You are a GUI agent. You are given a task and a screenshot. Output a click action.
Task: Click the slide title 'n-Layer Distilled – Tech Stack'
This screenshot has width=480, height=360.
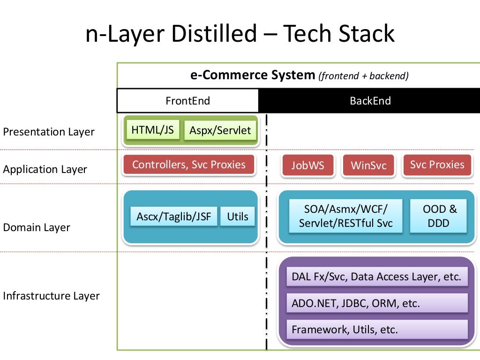pyautogui.click(x=240, y=35)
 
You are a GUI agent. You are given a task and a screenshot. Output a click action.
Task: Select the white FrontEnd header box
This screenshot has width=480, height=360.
pyautogui.click(x=187, y=101)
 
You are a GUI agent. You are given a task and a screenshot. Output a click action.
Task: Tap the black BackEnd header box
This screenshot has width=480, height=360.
pyautogui.click(x=370, y=101)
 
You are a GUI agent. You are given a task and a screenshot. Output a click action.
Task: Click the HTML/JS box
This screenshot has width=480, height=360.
pyautogui.click(x=153, y=130)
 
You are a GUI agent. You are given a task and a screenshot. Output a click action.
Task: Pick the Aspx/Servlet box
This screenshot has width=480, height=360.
pyautogui.click(x=220, y=131)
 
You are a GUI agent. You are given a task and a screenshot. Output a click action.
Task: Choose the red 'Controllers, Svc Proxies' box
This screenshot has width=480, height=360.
pyautogui.click(x=189, y=165)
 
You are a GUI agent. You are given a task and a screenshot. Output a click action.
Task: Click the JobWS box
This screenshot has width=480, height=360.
pyautogui.click(x=307, y=165)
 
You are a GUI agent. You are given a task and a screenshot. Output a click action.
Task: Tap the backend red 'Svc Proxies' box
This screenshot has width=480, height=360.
pyautogui.click(x=437, y=165)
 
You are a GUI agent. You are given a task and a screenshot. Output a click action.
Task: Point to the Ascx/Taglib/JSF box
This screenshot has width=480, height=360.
pyautogui.click(x=174, y=217)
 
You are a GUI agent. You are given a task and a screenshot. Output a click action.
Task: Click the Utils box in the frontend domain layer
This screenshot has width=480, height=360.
pyautogui.click(x=238, y=217)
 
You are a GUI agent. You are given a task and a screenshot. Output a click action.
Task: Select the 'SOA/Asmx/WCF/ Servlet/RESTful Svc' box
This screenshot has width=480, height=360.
pyautogui.click(x=346, y=216)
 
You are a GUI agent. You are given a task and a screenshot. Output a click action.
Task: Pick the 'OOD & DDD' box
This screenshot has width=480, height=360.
pyautogui.click(x=438, y=216)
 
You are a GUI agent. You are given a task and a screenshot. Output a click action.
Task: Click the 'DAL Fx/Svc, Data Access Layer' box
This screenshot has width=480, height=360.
pyautogui.click(x=376, y=277)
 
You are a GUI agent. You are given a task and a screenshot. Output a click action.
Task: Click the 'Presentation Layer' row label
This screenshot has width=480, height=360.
pyautogui.click(x=49, y=132)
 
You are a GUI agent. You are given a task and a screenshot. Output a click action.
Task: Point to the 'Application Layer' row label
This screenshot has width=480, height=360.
pyautogui.click(x=45, y=169)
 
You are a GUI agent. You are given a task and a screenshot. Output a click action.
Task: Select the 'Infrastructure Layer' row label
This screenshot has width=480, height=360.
pyautogui.click(x=51, y=296)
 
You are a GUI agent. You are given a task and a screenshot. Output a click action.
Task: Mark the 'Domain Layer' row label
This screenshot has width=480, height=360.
pyautogui.click(x=37, y=227)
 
